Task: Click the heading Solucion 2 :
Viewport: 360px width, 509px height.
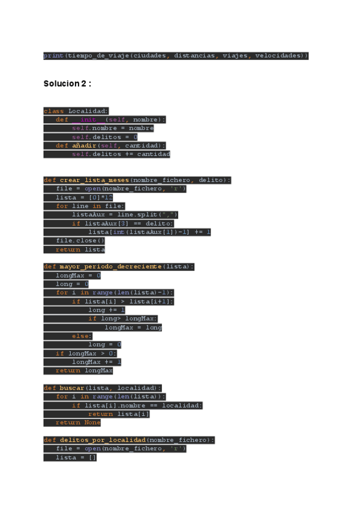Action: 67,83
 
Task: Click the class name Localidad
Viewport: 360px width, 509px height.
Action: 88,111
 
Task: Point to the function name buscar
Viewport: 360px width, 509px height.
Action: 72,388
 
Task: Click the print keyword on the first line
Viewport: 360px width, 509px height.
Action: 53,56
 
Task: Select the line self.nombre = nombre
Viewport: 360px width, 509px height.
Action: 112,128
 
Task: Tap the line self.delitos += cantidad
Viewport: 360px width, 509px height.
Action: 121,154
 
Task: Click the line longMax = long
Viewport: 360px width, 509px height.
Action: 133,328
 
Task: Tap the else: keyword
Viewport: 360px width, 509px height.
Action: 82,336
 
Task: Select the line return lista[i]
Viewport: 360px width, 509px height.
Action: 119,414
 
